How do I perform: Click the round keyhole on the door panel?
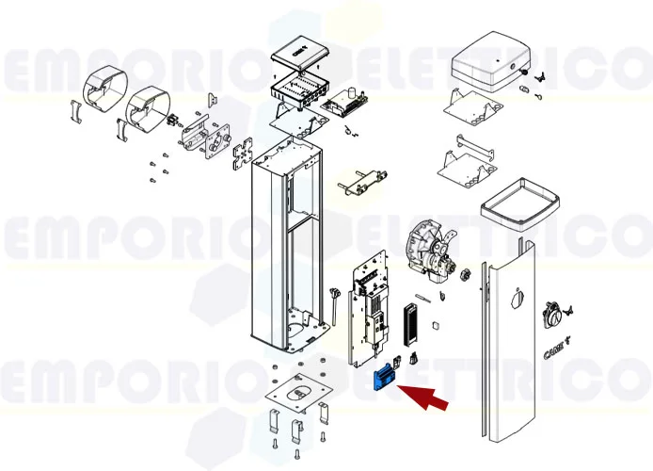(514, 300)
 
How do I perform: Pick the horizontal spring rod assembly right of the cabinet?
(360, 180)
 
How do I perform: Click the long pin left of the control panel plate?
(334, 305)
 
